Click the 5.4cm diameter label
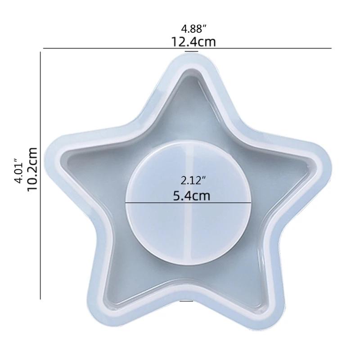coord(191,196)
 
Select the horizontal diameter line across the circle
coord(148,203)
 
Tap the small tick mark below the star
coord(186,301)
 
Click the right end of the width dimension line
coord(331,48)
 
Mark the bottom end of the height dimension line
coord(40,298)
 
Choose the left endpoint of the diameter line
coord(126,203)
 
